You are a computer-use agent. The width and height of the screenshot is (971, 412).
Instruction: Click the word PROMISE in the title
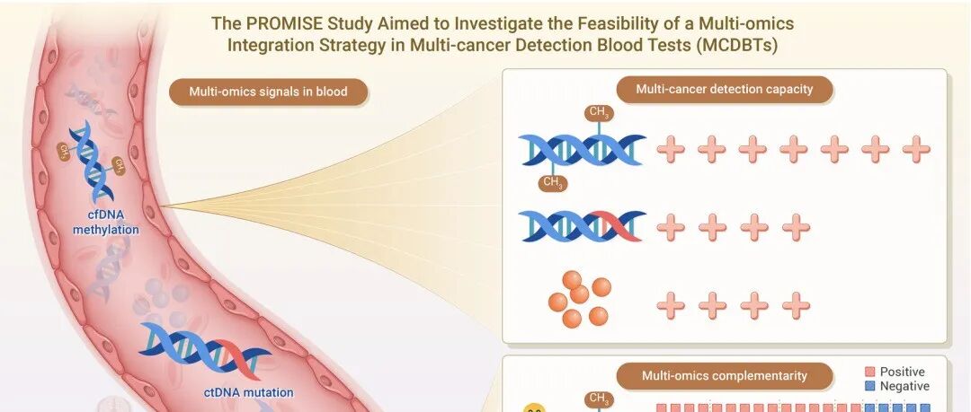[x=275, y=23]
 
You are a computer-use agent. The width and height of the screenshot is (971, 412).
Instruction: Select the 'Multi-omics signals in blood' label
[x=268, y=92]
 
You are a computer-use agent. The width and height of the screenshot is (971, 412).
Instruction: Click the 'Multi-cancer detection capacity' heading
[x=724, y=89]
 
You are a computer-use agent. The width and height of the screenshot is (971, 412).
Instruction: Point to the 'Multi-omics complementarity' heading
[x=724, y=375]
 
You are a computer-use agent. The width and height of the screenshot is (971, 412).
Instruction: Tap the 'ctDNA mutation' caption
[x=248, y=392]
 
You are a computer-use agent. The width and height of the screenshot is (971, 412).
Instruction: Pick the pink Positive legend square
[x=869, y=372]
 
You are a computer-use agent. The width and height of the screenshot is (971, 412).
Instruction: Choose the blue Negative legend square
[x=869, y=387]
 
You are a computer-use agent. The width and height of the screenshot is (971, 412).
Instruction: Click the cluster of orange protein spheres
[x=580, y=300]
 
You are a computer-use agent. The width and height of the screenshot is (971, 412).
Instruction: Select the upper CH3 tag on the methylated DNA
[x=598, y=113]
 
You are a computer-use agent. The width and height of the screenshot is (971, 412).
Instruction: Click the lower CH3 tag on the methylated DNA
[x=553, y=182]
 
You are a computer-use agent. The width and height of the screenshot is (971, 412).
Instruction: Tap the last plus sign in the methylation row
[x=916, y=150]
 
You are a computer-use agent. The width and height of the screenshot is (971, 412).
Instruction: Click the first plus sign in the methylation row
[x=671, y=150]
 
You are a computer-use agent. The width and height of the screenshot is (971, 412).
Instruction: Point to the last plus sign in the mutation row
[x=796, y=228]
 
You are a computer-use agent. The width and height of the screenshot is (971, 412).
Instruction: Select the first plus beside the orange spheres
[x=671, y=305]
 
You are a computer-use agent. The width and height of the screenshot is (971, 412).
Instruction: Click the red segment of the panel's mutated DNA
[x=610, y=226]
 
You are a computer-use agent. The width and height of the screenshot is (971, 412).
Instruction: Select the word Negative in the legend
[x=904, y=387]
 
